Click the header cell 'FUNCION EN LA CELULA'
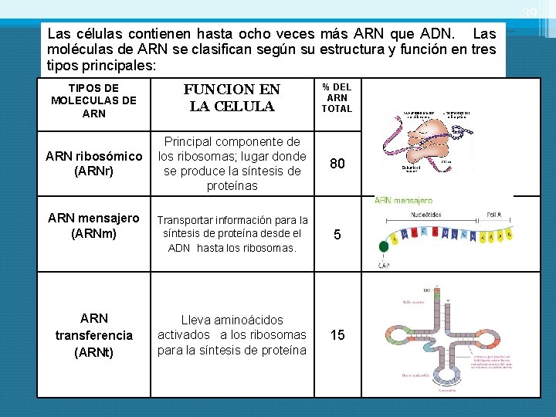(x=232, y=98)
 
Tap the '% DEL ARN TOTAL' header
(x=337, y=98)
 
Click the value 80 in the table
(x=337, y=164)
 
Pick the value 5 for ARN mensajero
(x=337, y=235)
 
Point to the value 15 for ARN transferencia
(x=337, y=335)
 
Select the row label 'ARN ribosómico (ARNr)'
(x=93, y=164)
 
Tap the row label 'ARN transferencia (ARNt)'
(x=93, y=335)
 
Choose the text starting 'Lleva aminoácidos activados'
(x=232, y=335)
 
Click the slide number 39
(x=529, y=14)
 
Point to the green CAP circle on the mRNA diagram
(x=385, y=246)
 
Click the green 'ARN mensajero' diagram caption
(x=403, y=200)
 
